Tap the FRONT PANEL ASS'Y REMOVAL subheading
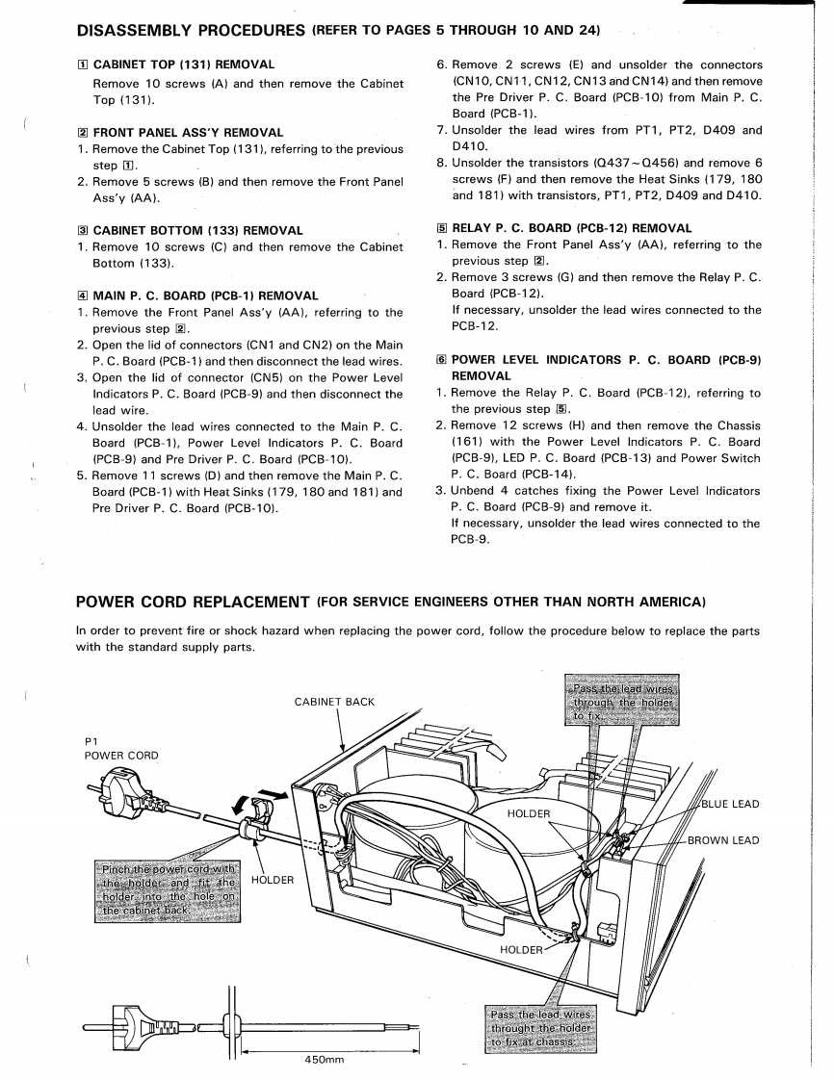tap(188, 132)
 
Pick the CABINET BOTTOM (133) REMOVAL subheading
tap(197, 230)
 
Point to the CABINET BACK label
tap(333, 702)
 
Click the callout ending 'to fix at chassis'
tap(536, 1031)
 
